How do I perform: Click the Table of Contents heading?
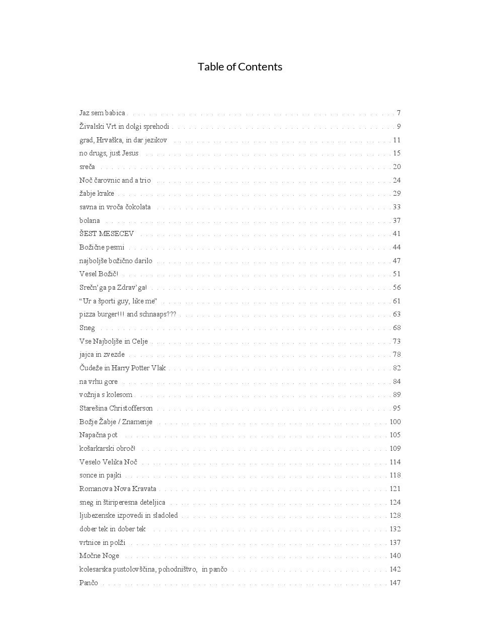(240, 67)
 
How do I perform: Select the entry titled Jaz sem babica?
(102, 113)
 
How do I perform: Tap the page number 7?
(398, 113)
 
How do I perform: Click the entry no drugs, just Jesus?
(109, 153)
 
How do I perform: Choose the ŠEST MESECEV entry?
(107, 234)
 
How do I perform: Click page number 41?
(396, 234)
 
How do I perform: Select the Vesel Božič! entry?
(99, 274)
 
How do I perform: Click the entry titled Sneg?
(87, 328)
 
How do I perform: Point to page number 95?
(396, 409)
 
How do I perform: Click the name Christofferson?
(131, 409)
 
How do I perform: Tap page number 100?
(395, 422)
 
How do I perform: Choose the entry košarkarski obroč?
(107, 449)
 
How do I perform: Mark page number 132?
(395, 529)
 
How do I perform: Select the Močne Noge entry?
(99, 556)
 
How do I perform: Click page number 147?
(395, 583)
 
